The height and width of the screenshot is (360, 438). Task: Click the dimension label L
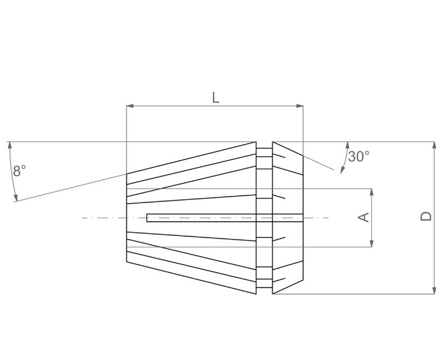(x=216, y=98)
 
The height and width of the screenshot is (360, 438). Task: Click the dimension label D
(x=426, y=217)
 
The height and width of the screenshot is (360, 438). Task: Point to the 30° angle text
(x=359, y=156)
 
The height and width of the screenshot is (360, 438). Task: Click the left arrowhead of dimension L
(x=129, y=106)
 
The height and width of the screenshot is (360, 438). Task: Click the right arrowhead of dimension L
(x=300, y=106)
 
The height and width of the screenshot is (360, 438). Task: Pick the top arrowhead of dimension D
(x=435, y=145)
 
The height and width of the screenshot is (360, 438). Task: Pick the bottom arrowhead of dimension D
(x=435, y=291)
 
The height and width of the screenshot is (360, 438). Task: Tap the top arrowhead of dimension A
(x=372, y=192)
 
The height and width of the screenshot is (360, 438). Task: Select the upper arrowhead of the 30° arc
(x=347, y=145)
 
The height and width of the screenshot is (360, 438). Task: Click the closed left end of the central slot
(x=147, y=218)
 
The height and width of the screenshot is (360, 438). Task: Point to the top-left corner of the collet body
(x=126, y=173)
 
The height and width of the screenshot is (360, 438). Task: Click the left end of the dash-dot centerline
(x=83, y=218)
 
